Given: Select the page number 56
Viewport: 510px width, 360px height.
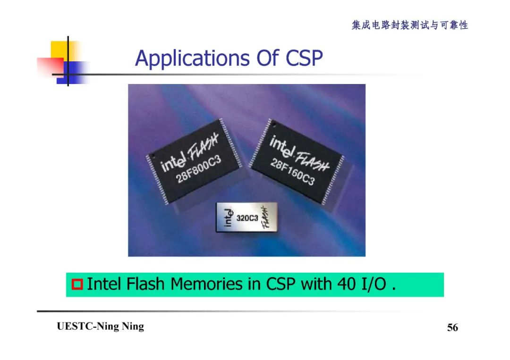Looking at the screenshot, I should click(x=452, y=327).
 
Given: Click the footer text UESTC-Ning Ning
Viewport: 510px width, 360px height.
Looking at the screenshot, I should click(x=100, y=327).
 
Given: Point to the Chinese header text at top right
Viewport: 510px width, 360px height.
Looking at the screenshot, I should click(x=409, y=25).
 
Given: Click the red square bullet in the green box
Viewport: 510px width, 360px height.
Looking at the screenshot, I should click(x=77, y=285).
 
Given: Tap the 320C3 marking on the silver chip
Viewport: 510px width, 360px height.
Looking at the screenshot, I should click(x=247, y=218).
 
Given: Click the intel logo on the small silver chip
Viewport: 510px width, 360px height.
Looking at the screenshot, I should click(x=228, y=217).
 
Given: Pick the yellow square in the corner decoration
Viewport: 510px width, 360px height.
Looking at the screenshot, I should click(x=59, y=50).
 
